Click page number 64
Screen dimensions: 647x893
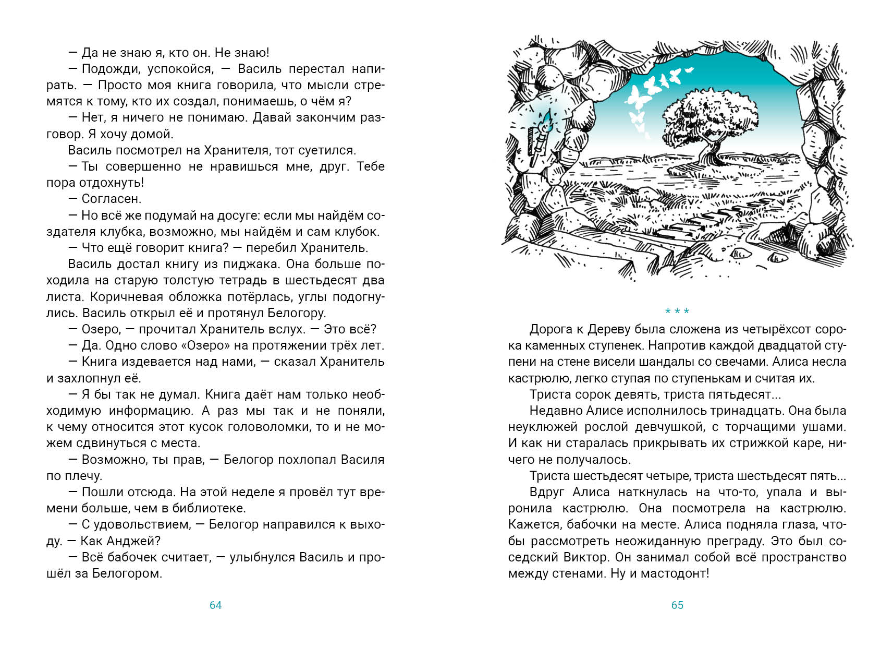pos(215,605)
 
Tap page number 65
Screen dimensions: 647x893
pos(677,605)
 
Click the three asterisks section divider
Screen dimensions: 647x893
pos(677,311)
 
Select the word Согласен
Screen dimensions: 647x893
pos(111,199)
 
